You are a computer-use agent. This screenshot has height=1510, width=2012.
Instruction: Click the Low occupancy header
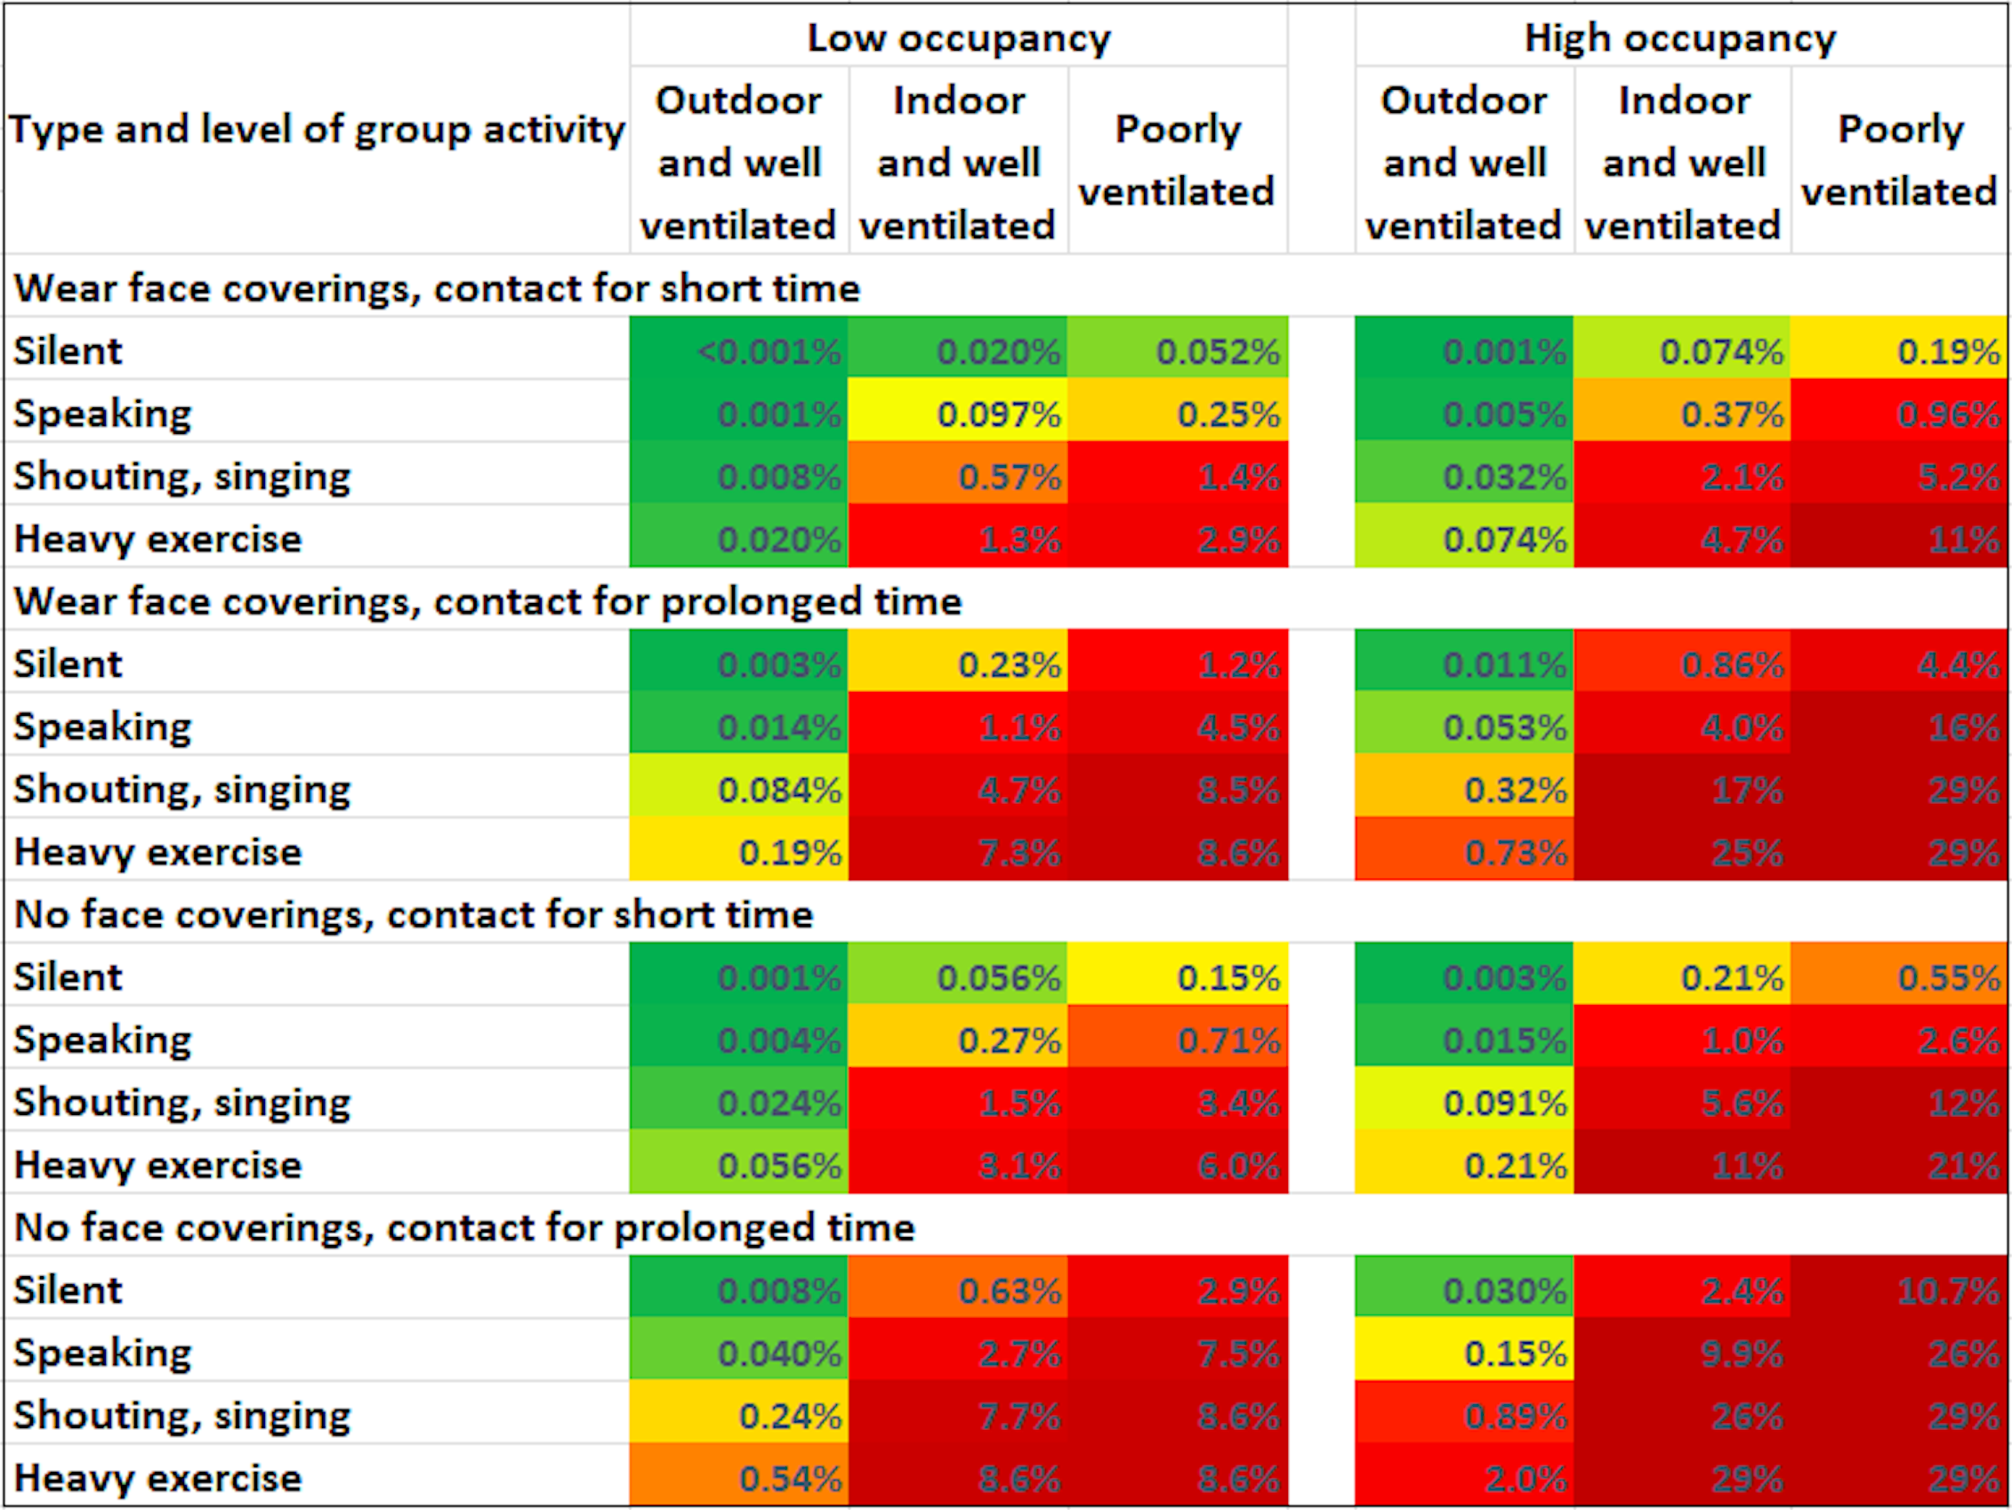pos(959,38)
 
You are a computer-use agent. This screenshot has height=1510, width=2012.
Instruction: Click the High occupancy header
pos(1680,38)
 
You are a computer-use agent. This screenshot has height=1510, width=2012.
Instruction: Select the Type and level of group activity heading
pos(317,129)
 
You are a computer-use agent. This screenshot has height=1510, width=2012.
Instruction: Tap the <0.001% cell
pos(738,350)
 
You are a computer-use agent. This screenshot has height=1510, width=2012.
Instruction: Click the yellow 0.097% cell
pos(958,414)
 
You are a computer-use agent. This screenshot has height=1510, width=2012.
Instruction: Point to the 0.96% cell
pos(1899,414)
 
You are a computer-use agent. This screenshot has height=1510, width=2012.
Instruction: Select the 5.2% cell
pos(1899,477)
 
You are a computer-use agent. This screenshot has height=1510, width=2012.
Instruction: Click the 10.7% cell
pos(1899,1289)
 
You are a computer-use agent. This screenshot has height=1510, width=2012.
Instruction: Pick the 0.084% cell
pos(738,790)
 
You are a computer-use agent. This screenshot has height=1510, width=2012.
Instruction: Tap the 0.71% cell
pos(1177,1040)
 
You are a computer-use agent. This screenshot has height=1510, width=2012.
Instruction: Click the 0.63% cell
pos(958,1289)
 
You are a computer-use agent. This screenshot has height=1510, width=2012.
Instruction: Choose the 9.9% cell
pos(1682,1353)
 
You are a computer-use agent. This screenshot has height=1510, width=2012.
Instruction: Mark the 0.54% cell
pos(738,1478)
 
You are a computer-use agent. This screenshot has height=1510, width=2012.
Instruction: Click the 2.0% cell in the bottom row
pos(1464,1478)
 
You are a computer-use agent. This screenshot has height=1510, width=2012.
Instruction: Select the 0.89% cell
pos(1464,1416)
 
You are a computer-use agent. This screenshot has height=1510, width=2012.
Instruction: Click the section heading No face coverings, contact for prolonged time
pos(464,1227)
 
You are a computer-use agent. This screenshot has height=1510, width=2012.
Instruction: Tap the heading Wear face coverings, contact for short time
pos(437,287)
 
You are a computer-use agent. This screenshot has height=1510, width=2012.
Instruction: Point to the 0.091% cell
pos(1464,1103)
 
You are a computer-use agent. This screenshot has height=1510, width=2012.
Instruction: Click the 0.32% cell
pos(1464,790)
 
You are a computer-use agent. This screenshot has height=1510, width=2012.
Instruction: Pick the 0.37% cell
pos(1682,414)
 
